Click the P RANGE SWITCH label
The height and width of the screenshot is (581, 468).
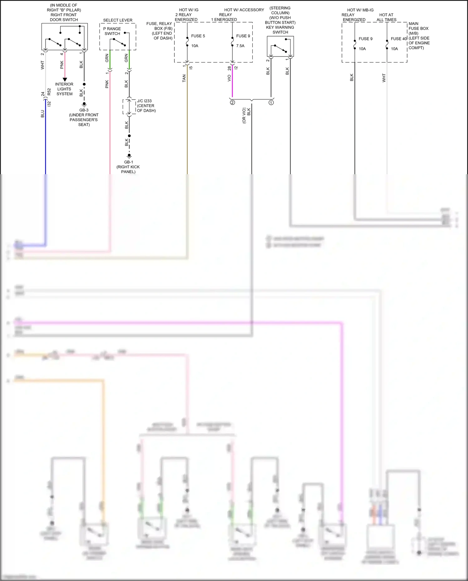(x=112, y=31)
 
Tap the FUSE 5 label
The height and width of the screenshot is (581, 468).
(x=198, y=36)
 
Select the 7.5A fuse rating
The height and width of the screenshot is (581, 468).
(x=240, y=46)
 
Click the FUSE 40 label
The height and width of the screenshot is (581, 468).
(x=399, y=39)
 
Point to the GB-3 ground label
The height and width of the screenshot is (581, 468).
(x=84, y=110)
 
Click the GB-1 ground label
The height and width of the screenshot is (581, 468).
(x=129, y=162)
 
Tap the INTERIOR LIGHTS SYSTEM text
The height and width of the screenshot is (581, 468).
(x=64, y=89)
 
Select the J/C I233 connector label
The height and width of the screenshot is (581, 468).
(x=144, y=101)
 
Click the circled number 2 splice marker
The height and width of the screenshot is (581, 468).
(x=232, y=102)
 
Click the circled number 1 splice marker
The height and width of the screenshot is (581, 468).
(x=271, y=102)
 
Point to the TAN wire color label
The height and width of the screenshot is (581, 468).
(x=184, y=78)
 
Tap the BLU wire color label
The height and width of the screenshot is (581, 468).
(x=42, y=114)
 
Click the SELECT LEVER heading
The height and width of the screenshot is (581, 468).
(x=118, y=20)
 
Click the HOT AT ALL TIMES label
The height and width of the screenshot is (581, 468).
(x=386, y=17)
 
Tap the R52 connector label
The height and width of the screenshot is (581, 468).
(x=49, y=92)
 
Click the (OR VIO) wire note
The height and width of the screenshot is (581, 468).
(x=244, y=116)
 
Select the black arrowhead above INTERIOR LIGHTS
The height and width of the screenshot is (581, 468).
(x=65, y=80)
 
